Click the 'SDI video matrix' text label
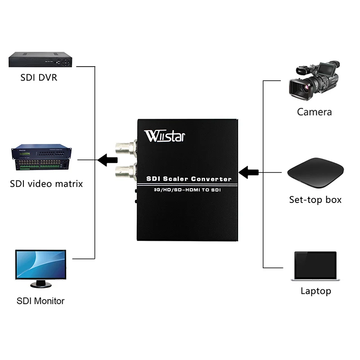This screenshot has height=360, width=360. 46,184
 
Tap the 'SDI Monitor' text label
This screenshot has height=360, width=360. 40,301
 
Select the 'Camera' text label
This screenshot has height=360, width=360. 314,112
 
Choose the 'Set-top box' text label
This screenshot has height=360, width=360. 315,199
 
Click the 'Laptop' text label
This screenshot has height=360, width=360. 315,291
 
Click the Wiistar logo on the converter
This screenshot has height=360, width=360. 165,135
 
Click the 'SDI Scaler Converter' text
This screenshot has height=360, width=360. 189,179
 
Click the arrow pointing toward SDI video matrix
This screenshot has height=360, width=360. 108,159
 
